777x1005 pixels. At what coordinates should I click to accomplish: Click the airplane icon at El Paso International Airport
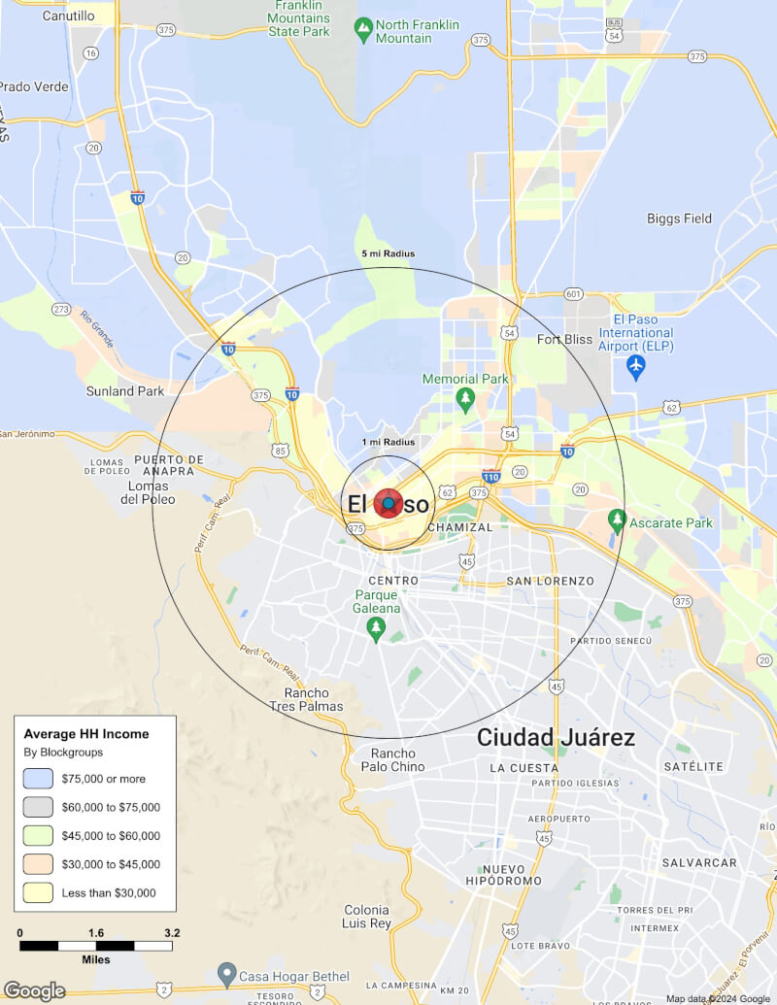click(x=636, y=368)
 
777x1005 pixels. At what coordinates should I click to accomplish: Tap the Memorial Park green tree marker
click(x=465, y=397)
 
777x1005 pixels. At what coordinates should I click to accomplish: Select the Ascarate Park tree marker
click(x=616, y=522)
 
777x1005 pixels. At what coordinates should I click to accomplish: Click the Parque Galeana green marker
click(x=376, y=629)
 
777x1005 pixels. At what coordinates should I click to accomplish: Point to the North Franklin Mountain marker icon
click(x=363, y=31)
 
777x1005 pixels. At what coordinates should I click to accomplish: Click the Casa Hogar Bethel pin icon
click(x=226, y=971)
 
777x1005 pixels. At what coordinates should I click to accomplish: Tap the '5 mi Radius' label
click(x=388, y=254)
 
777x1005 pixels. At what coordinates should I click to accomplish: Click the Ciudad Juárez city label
click(x=556, y=737)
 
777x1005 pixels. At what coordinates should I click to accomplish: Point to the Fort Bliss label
click(x=564, y=339)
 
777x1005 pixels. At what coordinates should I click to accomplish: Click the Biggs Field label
click(x=679, y=218)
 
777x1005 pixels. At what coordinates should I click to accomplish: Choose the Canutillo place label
click(x=68, y=17)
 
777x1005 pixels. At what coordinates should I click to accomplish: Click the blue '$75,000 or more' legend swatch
click(x=38, y=779)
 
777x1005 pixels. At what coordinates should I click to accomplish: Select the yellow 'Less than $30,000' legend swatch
click(x=38, y=892)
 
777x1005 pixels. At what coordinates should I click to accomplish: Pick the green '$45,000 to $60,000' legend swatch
click(x=38, y=835)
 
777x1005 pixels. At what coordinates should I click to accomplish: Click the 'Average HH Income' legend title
click(x=86, y=734)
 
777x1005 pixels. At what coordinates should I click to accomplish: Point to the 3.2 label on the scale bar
click(x=172, y=933)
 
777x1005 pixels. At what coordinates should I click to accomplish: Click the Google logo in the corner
click(x=34, y=990)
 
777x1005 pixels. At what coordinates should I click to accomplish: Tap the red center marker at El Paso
click(x=388, y=504)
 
